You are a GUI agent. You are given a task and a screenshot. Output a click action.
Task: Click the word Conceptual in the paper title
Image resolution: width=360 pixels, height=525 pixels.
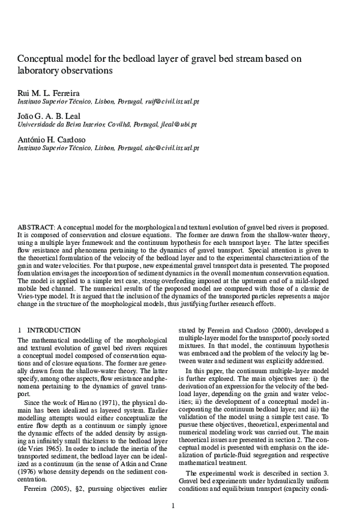41,59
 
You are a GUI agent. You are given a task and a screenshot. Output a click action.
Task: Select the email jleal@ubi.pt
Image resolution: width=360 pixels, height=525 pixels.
178,125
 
